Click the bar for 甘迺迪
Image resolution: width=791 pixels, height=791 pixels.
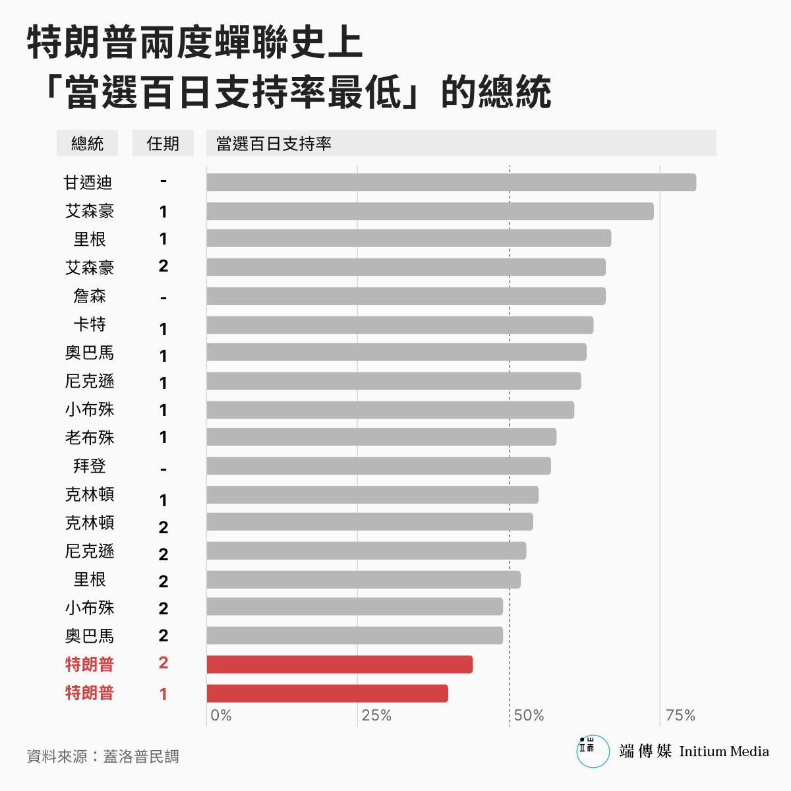[451, 183]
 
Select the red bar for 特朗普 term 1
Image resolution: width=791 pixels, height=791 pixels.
[327, 693]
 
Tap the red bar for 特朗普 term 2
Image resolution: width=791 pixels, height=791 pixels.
[339, 664]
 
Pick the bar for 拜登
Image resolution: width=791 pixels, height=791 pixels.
[378, 466]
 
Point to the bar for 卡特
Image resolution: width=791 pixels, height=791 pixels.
[399, 325]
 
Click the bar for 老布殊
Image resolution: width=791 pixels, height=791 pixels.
[381, 437]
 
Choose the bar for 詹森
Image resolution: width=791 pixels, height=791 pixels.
[406, 296]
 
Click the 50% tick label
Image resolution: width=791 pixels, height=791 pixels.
[529, 716]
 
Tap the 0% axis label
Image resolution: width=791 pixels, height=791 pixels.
[221, 716]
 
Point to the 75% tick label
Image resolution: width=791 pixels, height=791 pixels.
[680, 716]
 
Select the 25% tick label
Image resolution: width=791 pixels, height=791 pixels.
[376, 716]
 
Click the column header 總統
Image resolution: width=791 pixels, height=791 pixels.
[88, 144]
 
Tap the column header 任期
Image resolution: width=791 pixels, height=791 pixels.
[163, 144]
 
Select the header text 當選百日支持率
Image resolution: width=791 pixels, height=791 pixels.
[274, 144]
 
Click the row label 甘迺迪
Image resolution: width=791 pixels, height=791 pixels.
[88, 183]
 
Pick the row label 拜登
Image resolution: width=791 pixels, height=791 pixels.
[90, 466]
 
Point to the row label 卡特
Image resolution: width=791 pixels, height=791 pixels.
[90, 325]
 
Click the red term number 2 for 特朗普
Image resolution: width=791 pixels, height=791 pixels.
[163, 663]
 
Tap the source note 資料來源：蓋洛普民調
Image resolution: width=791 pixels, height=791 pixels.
[103, 757]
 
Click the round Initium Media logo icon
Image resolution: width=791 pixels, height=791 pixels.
[593, 751]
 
